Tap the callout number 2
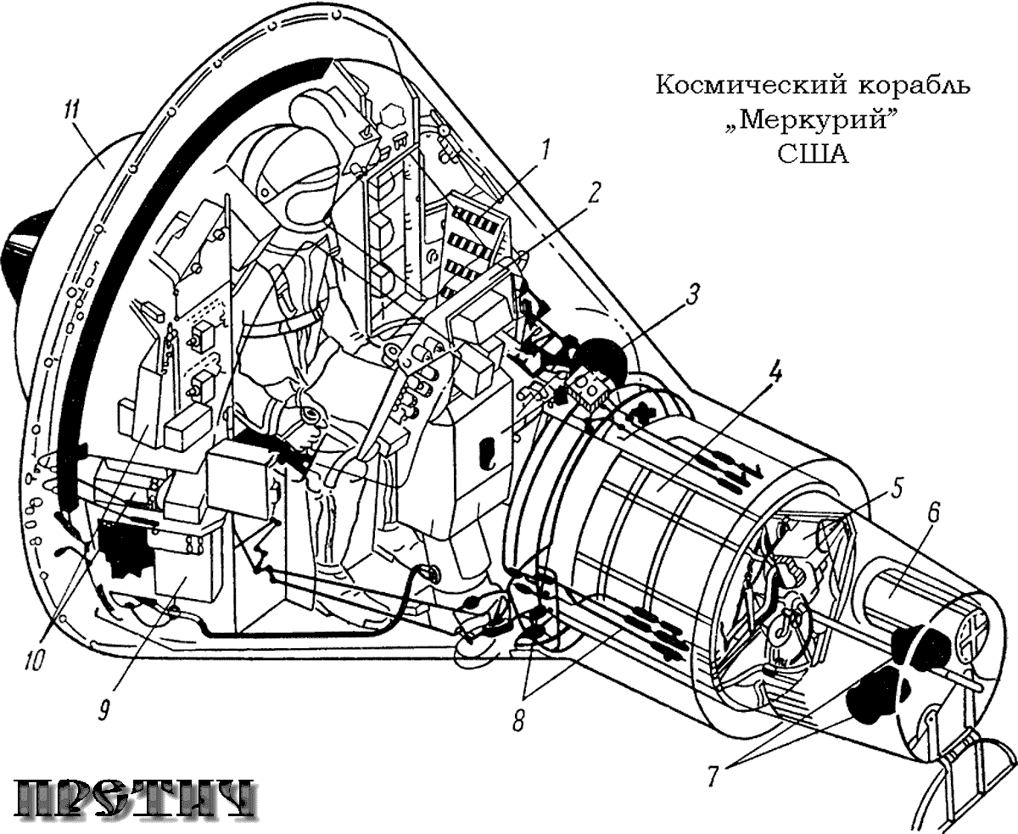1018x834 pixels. point(594,193)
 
